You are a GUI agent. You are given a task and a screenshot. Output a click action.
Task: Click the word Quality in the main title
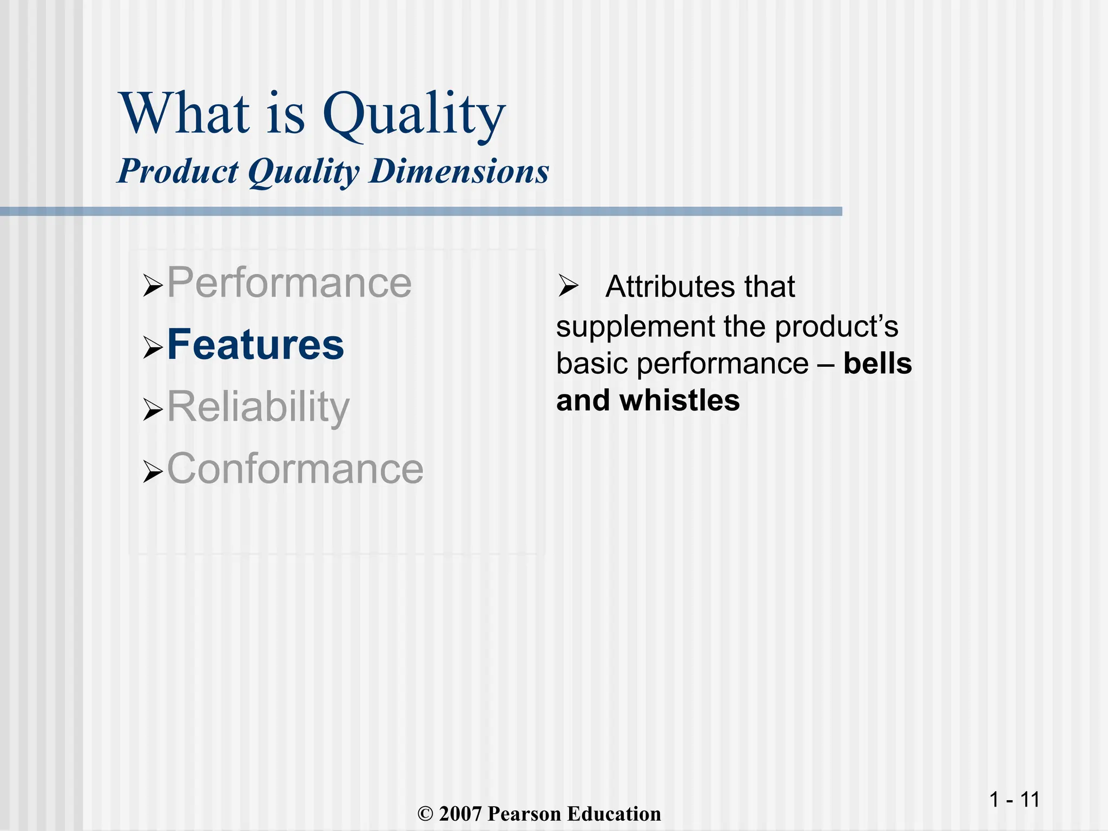click(414, 115)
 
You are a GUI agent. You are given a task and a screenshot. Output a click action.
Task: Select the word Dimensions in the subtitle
click(459, 172)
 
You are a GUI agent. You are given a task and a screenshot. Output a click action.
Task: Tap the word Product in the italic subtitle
click(177, 172)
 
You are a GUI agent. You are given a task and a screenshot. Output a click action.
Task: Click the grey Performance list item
click(289, 282)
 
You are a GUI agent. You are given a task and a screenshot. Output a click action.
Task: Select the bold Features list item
click(255, 345)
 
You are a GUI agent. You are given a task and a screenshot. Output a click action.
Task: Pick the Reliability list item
click(258, 407)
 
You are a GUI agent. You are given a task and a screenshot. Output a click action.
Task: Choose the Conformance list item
click(295, 469)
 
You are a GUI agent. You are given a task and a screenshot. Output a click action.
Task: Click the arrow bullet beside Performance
click(153, 285)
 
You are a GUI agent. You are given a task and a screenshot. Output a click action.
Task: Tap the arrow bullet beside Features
click(153, 347)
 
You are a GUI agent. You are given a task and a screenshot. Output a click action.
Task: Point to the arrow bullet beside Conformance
click(153, 471)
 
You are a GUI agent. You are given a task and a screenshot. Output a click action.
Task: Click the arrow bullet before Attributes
click(568, 286)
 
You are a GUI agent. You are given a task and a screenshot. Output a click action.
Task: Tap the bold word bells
click(877, 364)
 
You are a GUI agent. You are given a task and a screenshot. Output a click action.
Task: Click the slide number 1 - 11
click(1014, 800)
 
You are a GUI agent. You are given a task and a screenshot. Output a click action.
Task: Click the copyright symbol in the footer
click(426, 814)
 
